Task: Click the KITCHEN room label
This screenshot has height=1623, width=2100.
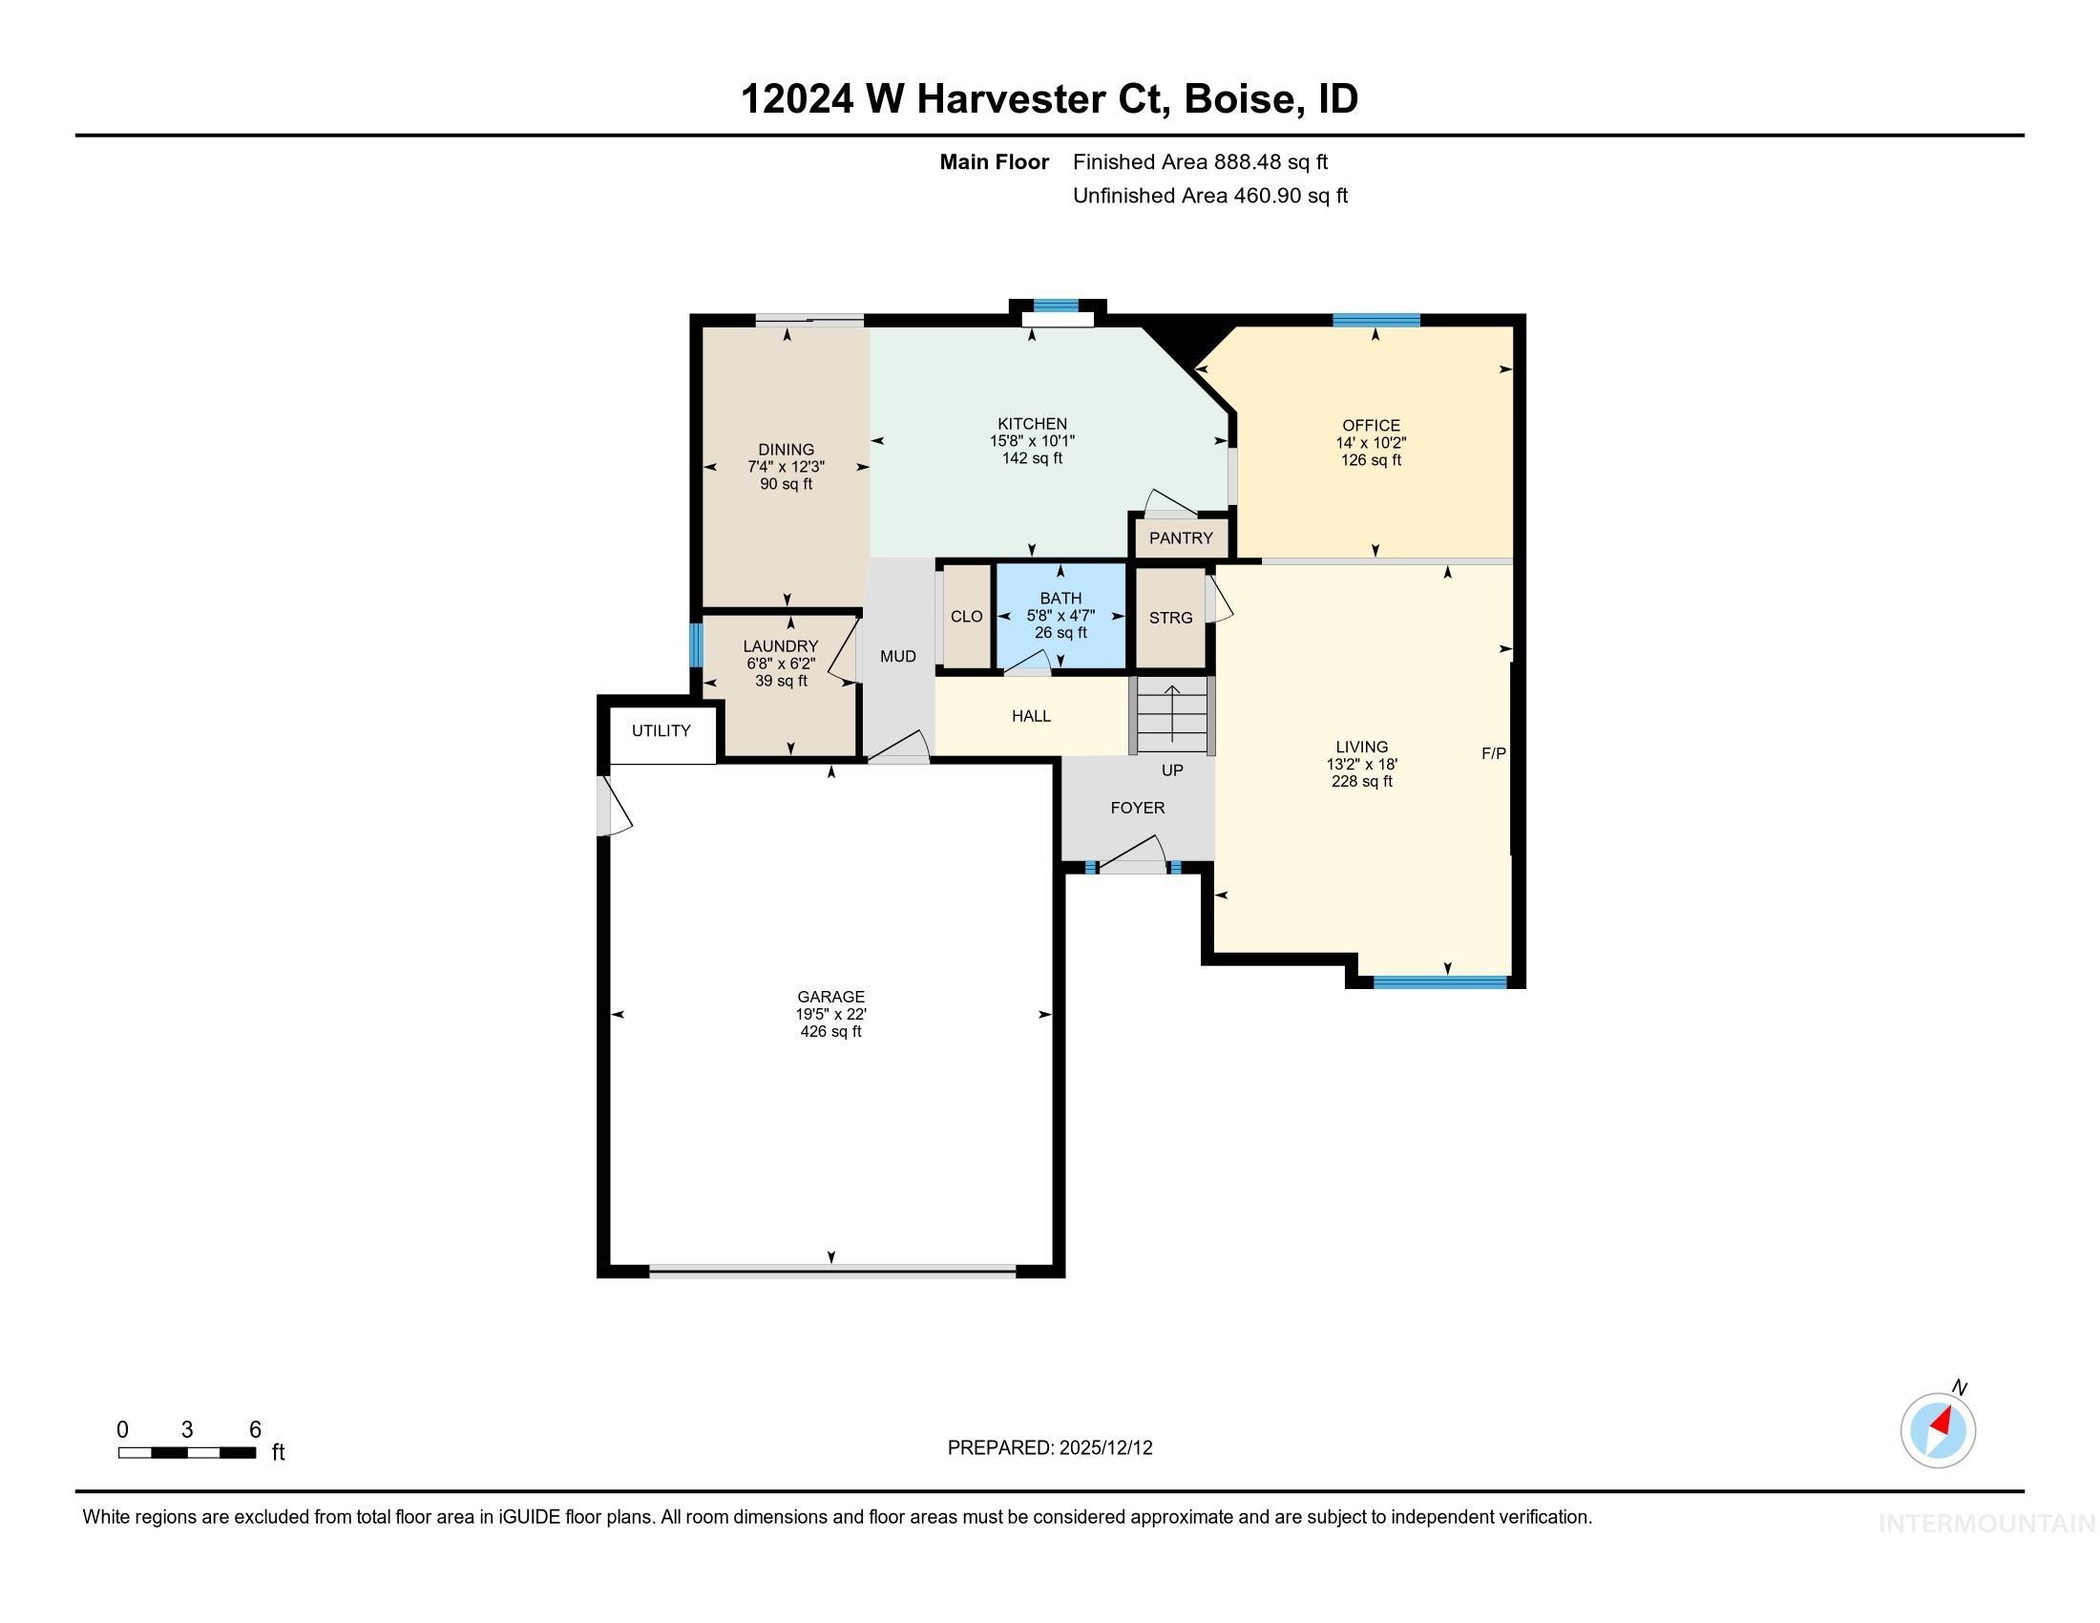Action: (1032, 424)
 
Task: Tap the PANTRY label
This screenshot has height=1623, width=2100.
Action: (1181, 538)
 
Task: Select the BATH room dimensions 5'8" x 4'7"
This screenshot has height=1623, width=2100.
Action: (1060, 616)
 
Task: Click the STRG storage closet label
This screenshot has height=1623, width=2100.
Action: (1170, 619)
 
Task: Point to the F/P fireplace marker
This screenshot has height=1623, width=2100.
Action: (1493, 754)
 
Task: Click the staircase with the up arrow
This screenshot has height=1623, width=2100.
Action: (1172, 715)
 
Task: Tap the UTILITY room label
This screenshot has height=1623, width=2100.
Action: (661, 730)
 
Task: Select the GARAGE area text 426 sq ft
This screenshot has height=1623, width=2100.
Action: (830, 1032)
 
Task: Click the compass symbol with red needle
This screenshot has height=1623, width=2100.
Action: (1938, 1430)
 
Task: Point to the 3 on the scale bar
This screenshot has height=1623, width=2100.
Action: (186, 1430)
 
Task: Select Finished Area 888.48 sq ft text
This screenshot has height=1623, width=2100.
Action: (1200, 162)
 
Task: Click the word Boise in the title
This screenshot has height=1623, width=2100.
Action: (1237, 99)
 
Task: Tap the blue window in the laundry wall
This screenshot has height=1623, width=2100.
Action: (696, 645)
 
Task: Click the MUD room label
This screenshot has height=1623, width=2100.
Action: (898, 657)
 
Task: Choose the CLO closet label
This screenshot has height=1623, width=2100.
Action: (966, 618)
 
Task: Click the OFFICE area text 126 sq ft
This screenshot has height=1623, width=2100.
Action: (1371, 460)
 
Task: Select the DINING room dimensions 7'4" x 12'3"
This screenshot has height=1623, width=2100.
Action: (786, 467)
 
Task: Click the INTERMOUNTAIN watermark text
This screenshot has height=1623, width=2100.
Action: (1985, 1524)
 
